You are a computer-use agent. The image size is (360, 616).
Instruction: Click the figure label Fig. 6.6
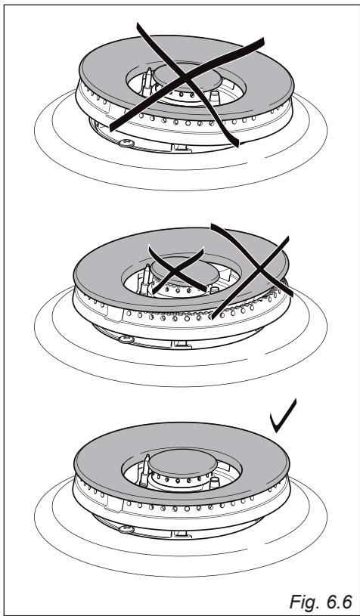321,601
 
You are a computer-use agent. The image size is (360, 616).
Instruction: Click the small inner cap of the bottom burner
182,463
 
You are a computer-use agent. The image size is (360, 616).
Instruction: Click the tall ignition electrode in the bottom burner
144,470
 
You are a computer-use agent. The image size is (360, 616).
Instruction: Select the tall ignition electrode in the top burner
147,82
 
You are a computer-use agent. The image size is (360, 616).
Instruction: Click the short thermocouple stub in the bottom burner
215,482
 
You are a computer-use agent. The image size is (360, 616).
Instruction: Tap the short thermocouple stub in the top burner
215,98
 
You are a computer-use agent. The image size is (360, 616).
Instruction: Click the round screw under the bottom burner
126,530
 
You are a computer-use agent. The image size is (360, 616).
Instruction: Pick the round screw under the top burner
126,144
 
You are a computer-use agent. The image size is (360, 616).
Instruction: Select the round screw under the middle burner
126,339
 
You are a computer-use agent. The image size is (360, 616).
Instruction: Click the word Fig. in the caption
303,601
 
